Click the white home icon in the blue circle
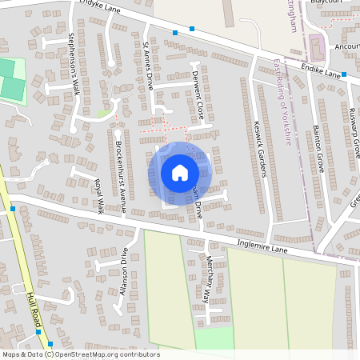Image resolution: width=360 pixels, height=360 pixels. [180, 172]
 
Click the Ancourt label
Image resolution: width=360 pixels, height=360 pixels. [346, 46]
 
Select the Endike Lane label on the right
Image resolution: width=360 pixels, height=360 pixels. [323, 74]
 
